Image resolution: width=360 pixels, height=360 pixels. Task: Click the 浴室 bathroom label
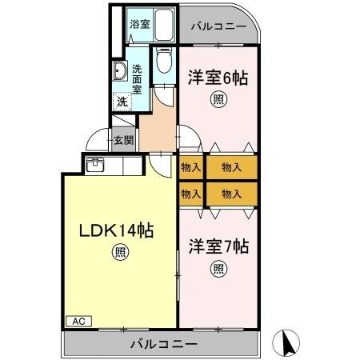139,24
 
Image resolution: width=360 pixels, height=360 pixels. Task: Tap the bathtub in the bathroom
163,25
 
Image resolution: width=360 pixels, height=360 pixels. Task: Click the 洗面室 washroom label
138,78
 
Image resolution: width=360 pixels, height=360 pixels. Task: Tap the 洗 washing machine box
122,102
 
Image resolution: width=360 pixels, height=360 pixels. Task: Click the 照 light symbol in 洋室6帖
218,100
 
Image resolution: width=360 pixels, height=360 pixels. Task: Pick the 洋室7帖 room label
218,246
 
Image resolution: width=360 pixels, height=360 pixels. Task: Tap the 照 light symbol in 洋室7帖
218,269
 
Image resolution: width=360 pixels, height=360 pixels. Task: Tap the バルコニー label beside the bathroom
218,26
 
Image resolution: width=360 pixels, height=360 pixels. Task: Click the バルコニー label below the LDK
162,345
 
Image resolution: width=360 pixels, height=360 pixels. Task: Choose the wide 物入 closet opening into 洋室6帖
232,167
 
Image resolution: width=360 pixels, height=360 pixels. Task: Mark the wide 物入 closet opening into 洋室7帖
232,194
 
